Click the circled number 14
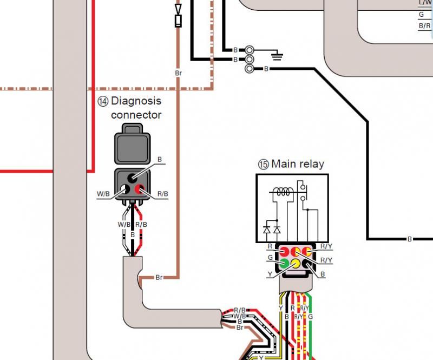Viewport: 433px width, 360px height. point(103,101)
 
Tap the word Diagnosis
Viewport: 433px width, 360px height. point(136,101)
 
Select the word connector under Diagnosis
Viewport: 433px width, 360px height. point(136,115)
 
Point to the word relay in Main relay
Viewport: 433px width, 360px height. point(311,163)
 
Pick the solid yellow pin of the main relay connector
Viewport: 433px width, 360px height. point(296,264)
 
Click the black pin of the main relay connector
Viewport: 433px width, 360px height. point(308,264)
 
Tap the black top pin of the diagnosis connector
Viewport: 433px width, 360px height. point(132,178)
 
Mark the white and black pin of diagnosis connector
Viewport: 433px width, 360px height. point(125,189)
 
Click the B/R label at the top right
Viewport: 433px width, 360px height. point(424,25)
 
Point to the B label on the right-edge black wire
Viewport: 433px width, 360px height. point(409,239)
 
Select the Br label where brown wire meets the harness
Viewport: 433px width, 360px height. point(159,278)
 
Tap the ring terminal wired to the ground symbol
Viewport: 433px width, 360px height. point(250,49)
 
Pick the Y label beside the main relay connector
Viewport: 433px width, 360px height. point(270,274)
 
